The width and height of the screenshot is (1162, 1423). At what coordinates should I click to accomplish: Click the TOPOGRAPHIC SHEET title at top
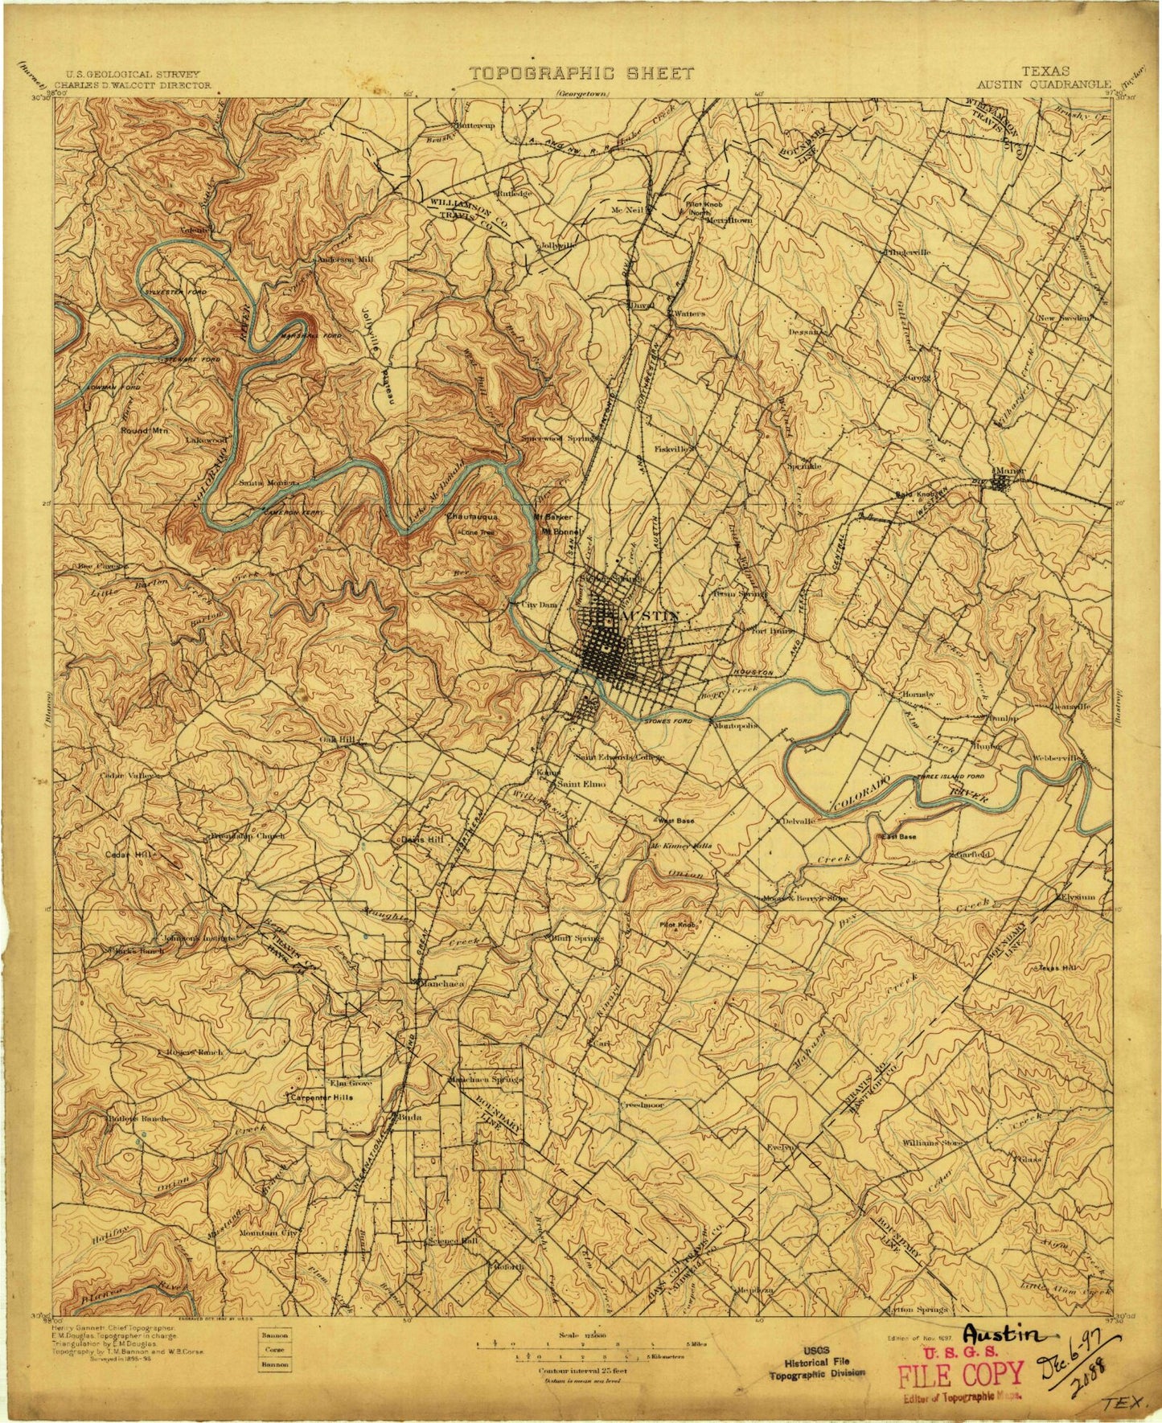pos(581,73)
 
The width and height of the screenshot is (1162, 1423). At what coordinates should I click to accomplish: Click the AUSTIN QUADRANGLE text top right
pos(1045,84)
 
